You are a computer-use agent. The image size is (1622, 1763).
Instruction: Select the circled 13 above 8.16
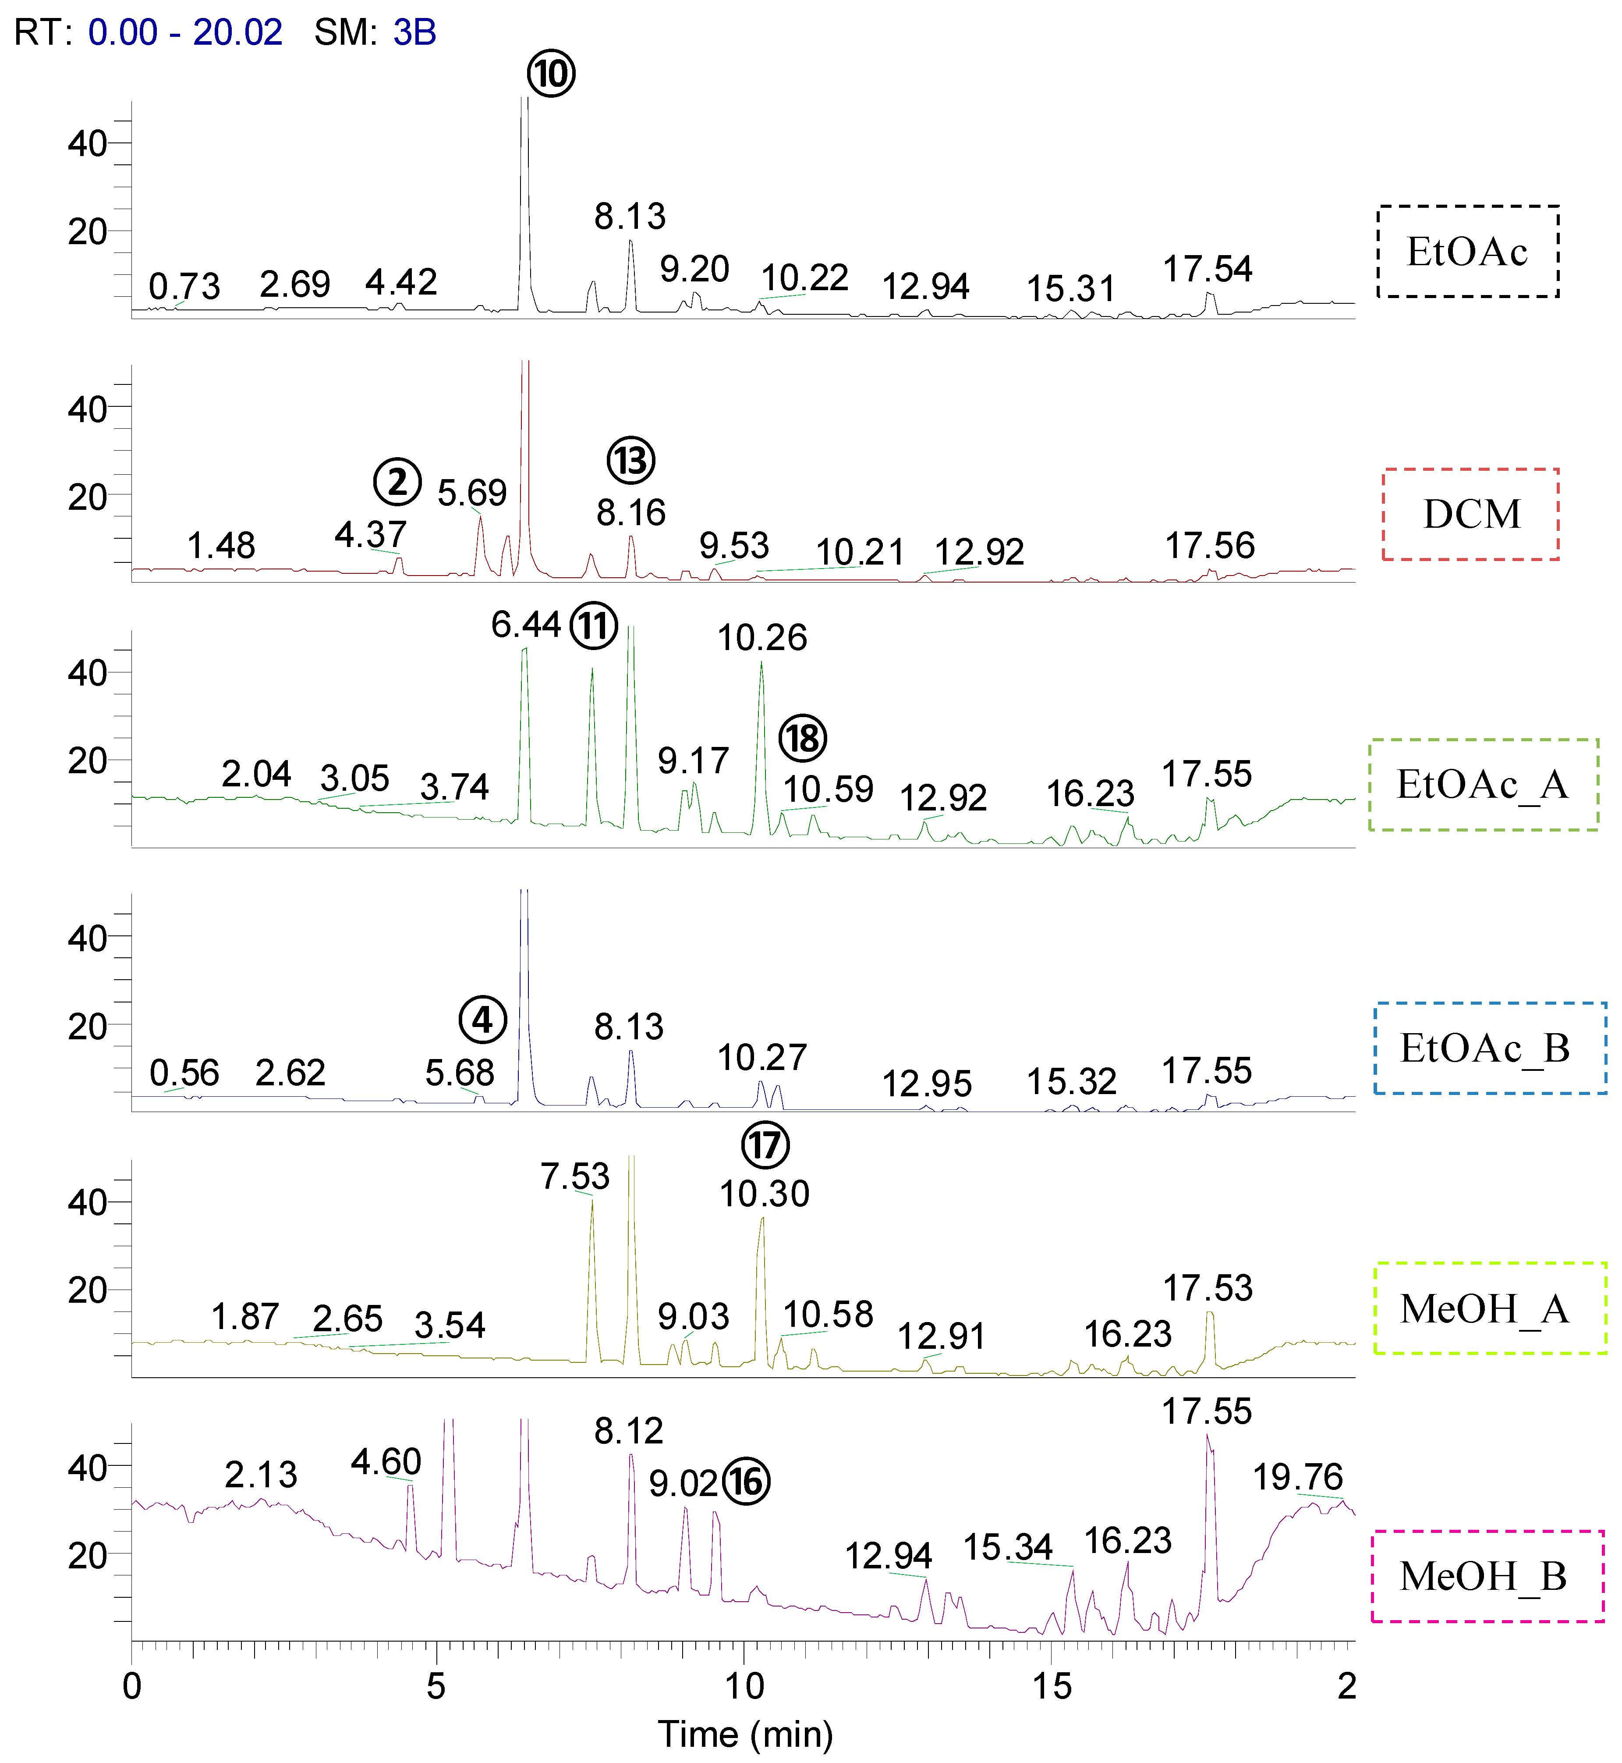coord(631,460)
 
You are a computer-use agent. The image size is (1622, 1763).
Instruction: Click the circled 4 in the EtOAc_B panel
coord(483,1020)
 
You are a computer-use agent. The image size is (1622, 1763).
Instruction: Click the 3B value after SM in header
coord(414,32)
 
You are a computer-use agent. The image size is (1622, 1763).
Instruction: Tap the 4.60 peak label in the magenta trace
coord(386,1462)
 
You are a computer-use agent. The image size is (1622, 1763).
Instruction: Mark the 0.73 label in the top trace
coord(184,286)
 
